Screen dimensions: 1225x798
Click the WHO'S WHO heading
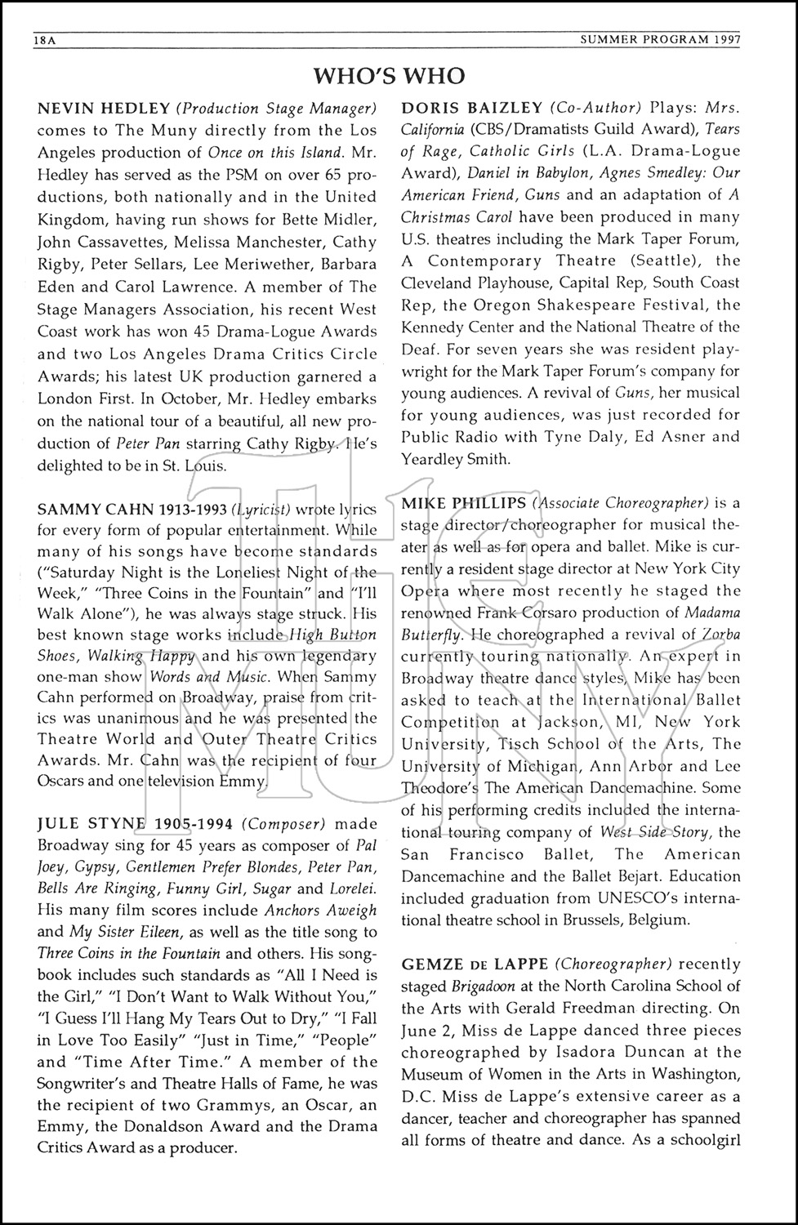(389, 76)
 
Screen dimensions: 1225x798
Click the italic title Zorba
(699, 634)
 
